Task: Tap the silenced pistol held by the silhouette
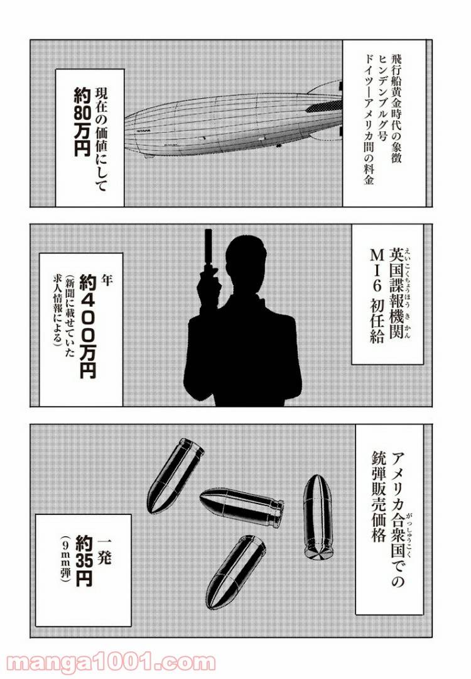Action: [208, 251]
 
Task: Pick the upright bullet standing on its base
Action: [318, 516]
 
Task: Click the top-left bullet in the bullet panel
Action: [175, 467]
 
